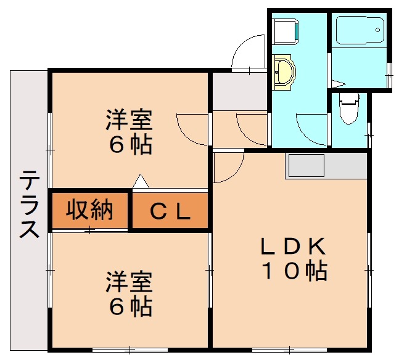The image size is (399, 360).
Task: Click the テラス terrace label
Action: [x=29, y=205]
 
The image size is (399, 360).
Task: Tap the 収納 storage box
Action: [x=90, y=210]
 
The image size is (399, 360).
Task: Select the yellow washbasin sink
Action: [x=284, y=72]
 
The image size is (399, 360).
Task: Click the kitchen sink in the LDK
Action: [x=305, y=165]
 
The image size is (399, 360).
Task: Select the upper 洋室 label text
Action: [x=128, y=119]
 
